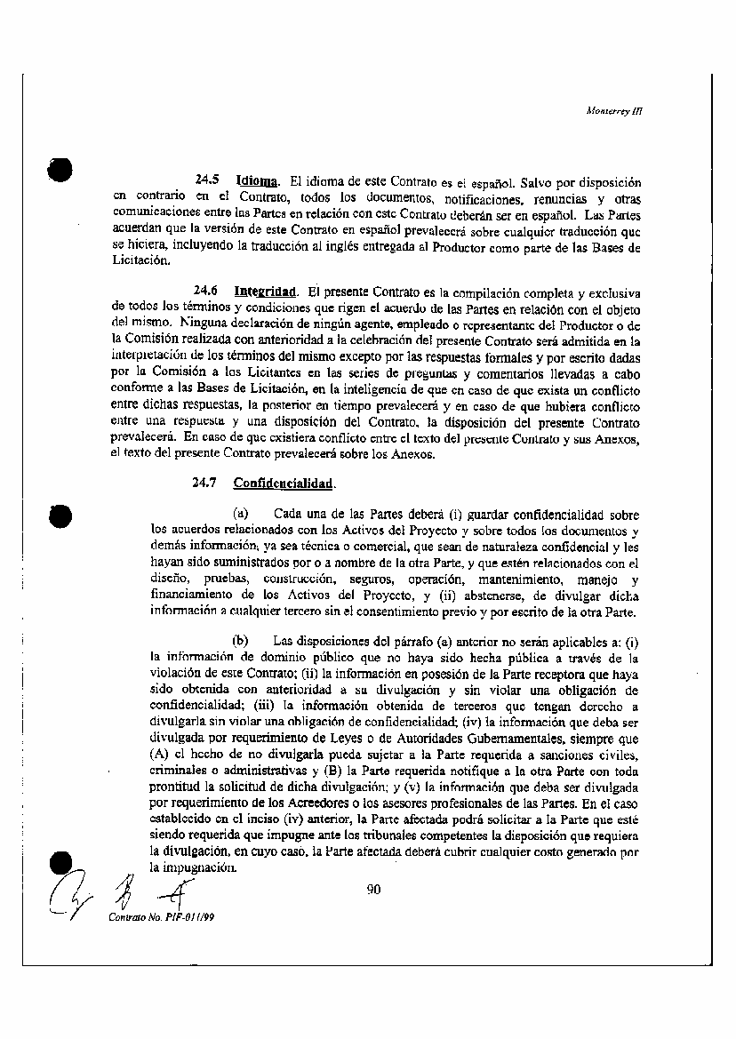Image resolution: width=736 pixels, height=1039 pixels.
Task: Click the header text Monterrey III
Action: (x=614, y=112)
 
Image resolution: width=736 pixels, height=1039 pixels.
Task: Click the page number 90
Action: (x=373, y=887)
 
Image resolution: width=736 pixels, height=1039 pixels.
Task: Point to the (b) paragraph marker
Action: (x=239, y=639)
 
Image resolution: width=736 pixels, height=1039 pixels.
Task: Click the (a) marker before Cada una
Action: (x=239, y=514)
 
